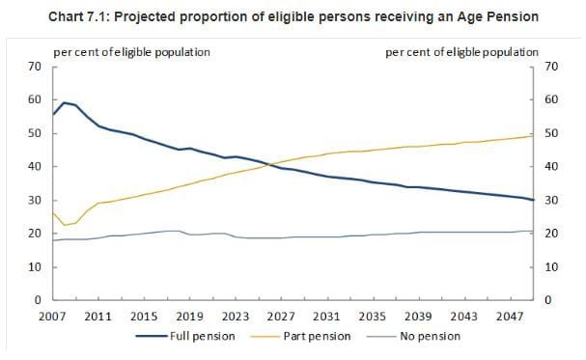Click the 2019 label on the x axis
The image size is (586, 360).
coord(189,316)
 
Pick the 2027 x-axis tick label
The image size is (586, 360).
coord(281,316)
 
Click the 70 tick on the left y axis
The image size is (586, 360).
coord(34,67)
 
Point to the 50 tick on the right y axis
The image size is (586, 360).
coord(551,133)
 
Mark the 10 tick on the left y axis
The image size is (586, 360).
coord(34,267)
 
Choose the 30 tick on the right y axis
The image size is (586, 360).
coord(551,201)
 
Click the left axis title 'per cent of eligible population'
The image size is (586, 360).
coord(131,51)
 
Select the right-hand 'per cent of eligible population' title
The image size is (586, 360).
coord(462,51)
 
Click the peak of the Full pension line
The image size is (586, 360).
coord(64,102)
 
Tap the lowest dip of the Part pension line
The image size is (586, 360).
coord(64,226)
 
